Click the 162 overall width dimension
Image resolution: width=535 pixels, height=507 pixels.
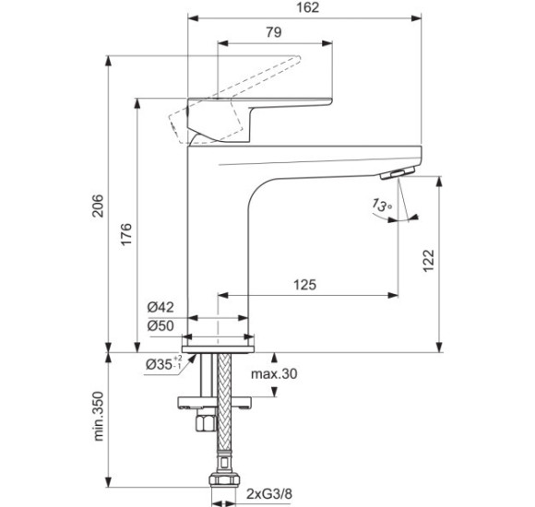pyautogui.click(x=309, y=8)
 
